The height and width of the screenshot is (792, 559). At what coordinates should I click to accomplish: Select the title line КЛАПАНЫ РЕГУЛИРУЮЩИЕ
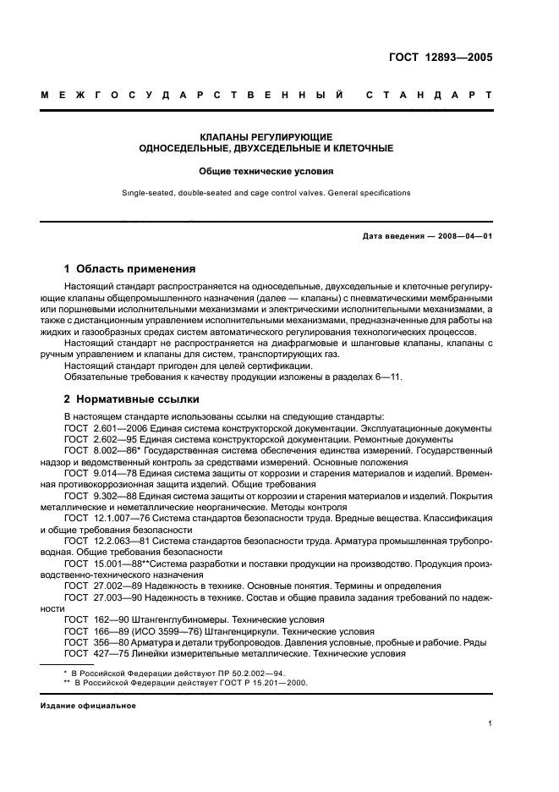pos(266,137)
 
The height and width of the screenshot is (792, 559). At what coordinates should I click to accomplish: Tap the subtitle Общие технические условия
pos(266,170)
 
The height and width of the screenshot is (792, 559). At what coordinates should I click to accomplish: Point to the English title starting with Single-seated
pos(266,193)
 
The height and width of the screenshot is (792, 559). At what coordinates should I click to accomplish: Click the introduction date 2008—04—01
pos(464,236)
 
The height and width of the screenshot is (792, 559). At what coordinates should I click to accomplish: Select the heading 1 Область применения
pos(130,269)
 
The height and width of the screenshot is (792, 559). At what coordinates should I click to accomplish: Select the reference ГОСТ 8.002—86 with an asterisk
pos(97,452)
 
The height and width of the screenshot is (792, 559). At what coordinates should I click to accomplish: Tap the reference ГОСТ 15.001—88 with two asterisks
pos(100,563)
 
